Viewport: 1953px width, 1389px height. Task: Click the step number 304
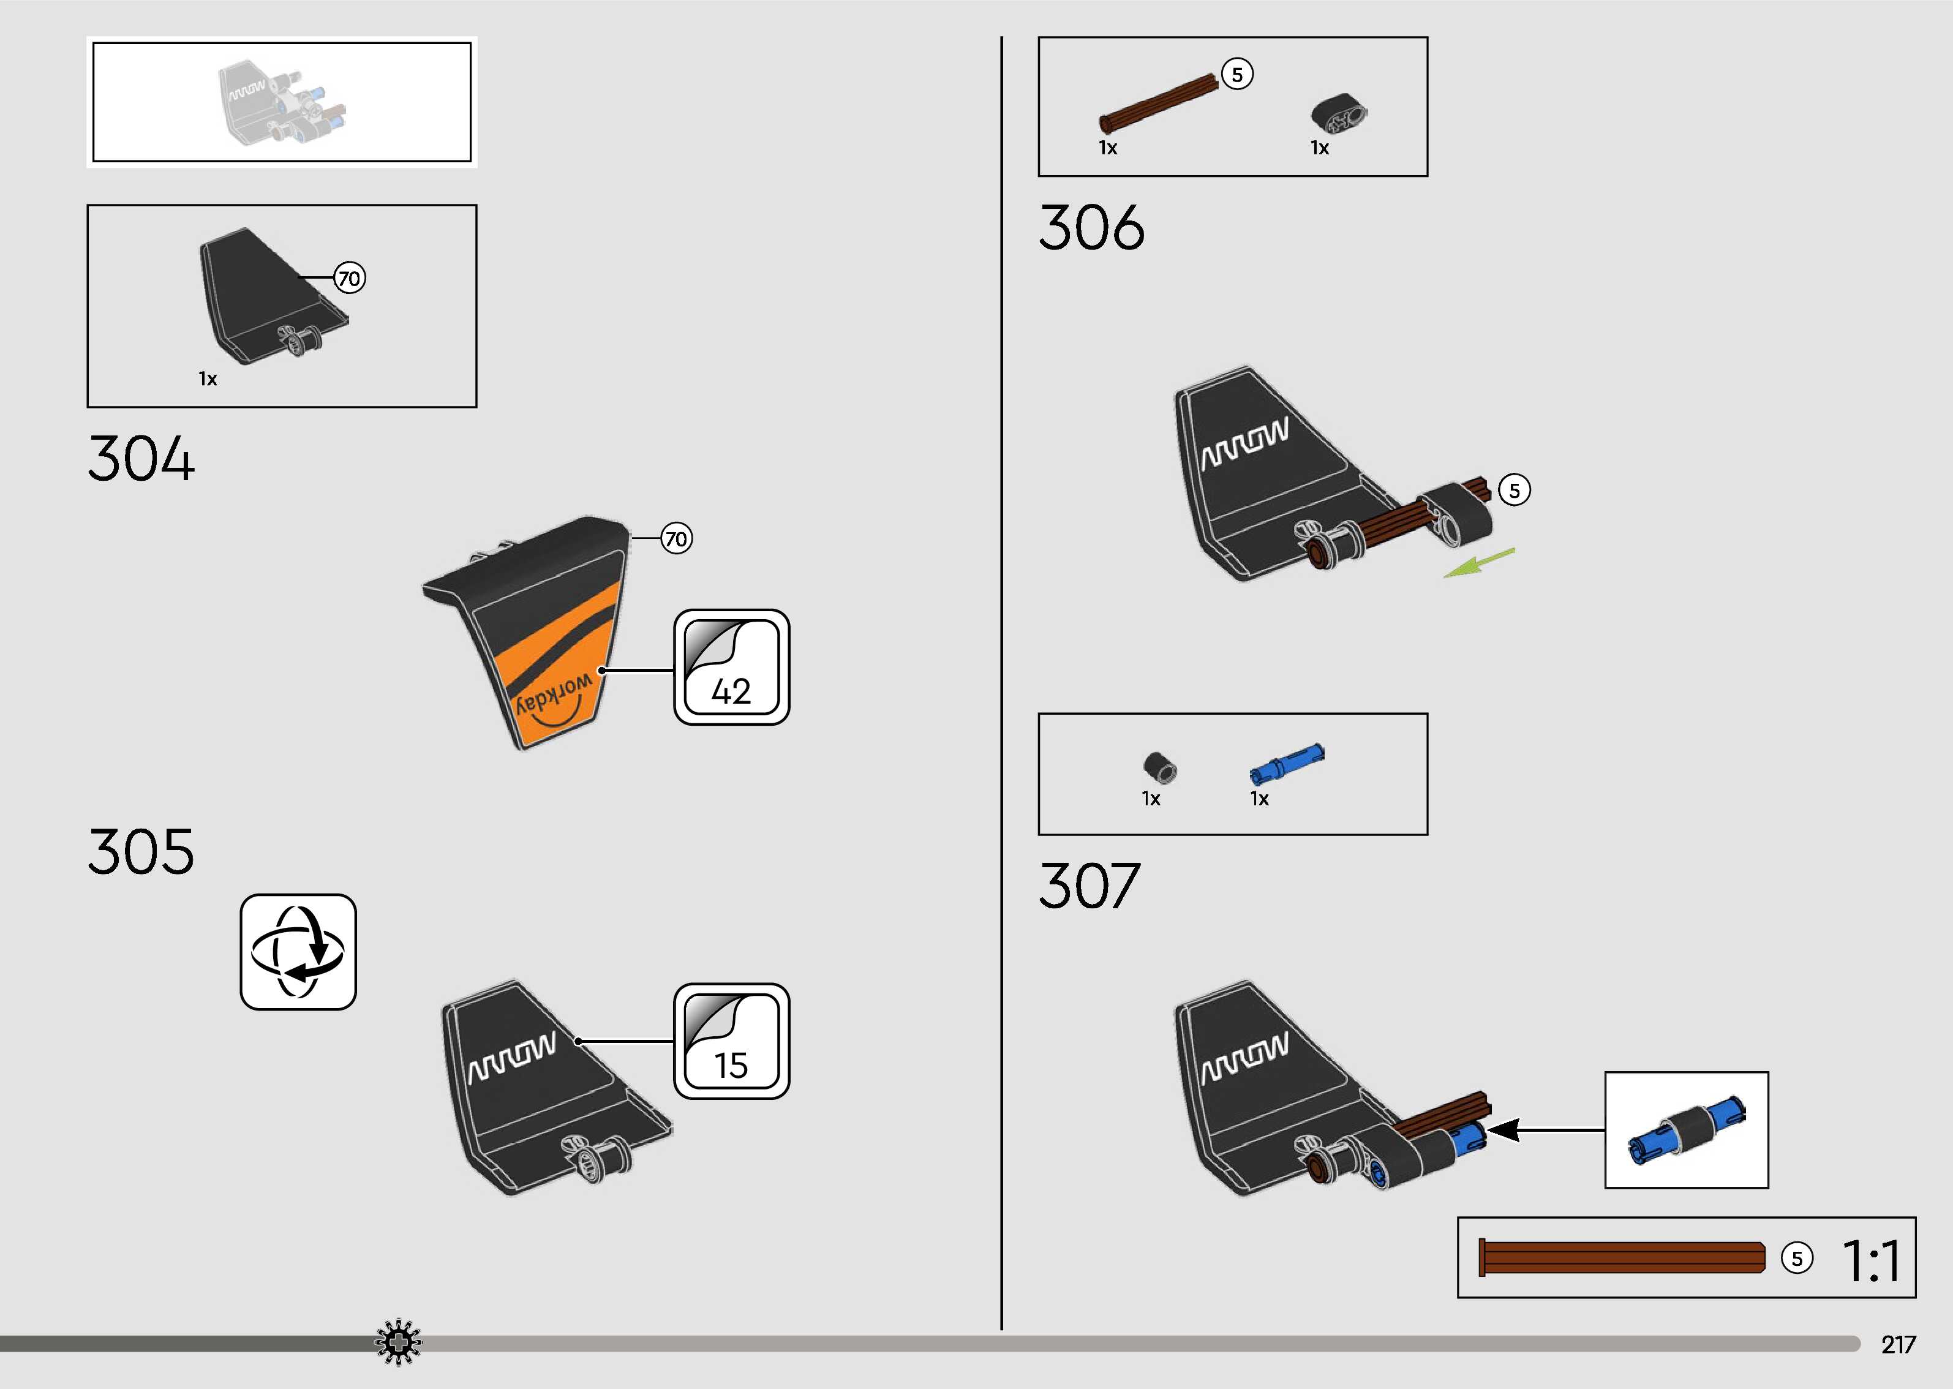[141, 459]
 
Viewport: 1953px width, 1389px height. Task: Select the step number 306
[1091, 227]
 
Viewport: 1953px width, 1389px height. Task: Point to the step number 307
[1089, 886]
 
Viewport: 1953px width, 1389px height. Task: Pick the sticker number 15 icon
[731, 1041]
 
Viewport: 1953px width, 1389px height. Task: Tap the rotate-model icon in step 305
[298, 952]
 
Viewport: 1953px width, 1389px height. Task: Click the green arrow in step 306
[1478, 563]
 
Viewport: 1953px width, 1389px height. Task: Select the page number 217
[1897, 1344]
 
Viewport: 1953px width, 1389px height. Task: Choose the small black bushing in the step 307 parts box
[1159, 766]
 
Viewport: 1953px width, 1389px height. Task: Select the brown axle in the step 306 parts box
[1159, 104]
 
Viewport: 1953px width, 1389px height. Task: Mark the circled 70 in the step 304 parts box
[349, 278]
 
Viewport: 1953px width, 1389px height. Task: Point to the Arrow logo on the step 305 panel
[511, 1060]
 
